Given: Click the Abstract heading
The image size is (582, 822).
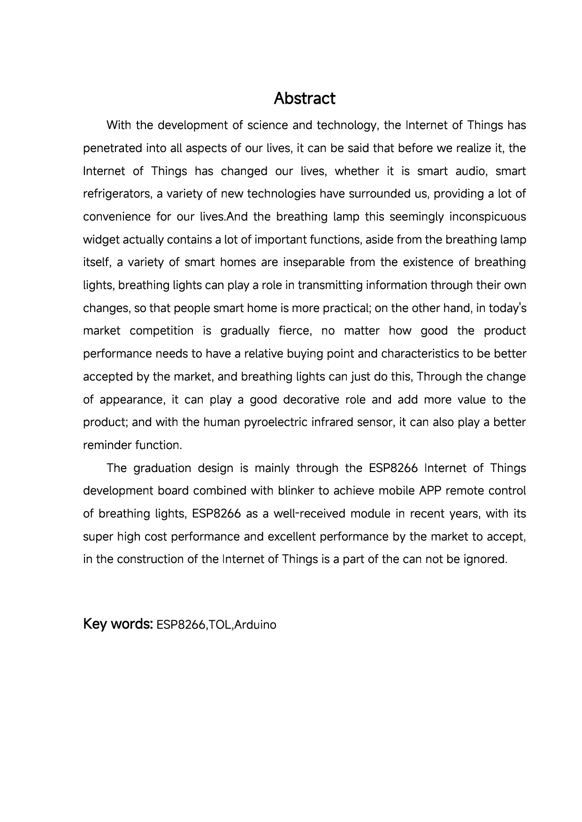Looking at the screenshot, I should [x=304, y=99].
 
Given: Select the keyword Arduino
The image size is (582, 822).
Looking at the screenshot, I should [x=255, y=625].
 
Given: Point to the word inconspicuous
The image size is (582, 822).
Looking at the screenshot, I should [x=488, y=217].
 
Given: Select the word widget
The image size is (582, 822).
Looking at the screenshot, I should [x=100, y=240].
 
